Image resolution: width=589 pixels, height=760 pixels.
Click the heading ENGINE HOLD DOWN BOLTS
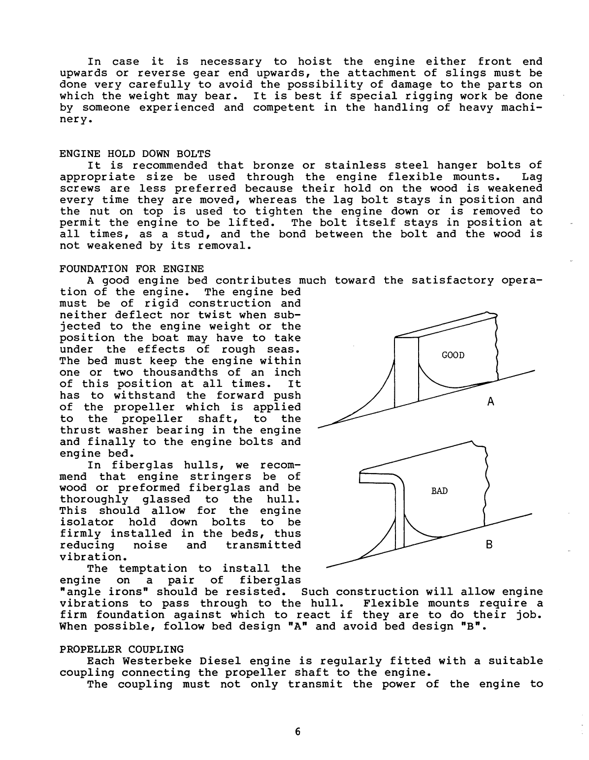134,153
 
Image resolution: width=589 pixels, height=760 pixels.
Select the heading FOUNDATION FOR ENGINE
131,269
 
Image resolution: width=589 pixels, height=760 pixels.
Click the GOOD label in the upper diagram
453,355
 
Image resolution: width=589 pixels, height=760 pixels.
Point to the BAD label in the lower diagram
439,491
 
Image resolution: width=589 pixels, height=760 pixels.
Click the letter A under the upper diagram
490,402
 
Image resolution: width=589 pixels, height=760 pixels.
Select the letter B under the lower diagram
489,545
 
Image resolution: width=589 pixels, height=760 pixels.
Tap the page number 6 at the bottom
297,731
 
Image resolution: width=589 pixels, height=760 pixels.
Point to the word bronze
276,165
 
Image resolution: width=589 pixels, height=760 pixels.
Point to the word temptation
157,569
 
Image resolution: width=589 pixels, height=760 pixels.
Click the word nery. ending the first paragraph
74,119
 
